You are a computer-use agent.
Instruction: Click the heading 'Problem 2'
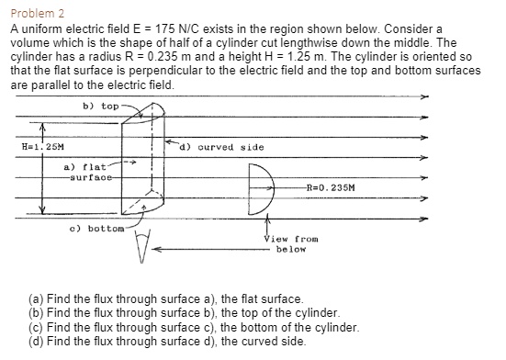(x=35, y=14)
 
